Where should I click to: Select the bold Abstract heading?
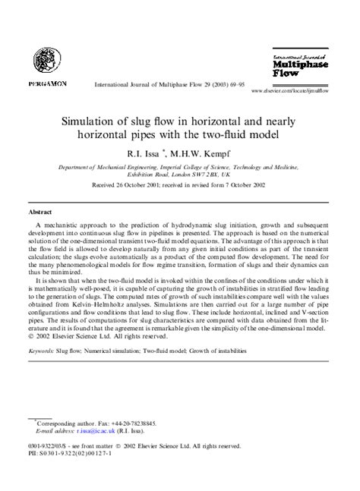point(40,212)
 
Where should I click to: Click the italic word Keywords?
point(41,351)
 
